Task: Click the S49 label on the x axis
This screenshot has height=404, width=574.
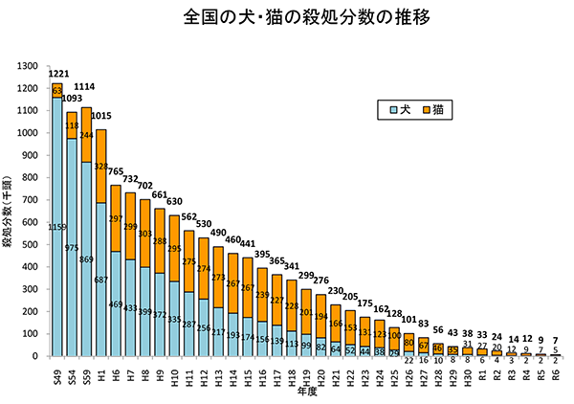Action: click(x=57, y=372)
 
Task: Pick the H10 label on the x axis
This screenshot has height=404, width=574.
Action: click(x=174, y=372)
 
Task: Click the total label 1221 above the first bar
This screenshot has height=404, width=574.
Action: click(x=57, y=73)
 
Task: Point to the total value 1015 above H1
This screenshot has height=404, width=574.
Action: click(x=102, y=117)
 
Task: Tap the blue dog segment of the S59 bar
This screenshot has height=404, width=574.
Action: click(x=87, y=258)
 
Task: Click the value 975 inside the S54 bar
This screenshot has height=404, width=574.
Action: click(x=72, y=248)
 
